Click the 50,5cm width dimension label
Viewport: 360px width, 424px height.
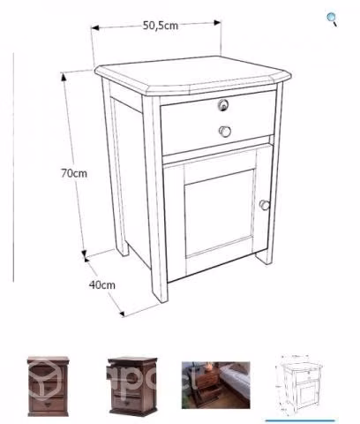(x=161, y=26)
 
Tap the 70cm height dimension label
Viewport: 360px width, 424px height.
(x=74, y=173)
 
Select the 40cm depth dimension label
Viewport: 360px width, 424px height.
(x=102, y=284)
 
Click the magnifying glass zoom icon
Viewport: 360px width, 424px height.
(x=332, y=19)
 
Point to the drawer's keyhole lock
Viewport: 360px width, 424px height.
(x=223, y=105)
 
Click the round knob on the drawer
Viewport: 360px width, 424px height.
(x=225, y=132)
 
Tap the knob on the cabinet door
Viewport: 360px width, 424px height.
(x=265, y=205)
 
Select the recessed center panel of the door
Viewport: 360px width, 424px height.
(x=220, y=213)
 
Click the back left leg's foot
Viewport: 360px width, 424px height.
(x=123, y=249)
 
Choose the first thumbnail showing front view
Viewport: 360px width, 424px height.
(x=48, y=386)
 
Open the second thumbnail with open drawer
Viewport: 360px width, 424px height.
(x=132, y=386)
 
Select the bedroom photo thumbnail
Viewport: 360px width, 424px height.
(x=216, y=385)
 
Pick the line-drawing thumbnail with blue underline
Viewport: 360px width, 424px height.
(x=299, y=385)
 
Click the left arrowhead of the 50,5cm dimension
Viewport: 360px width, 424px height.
(x=94, y=28)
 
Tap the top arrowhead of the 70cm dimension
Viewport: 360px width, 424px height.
(x=64, y=77)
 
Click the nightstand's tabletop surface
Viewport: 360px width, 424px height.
(x=192, y=72)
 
